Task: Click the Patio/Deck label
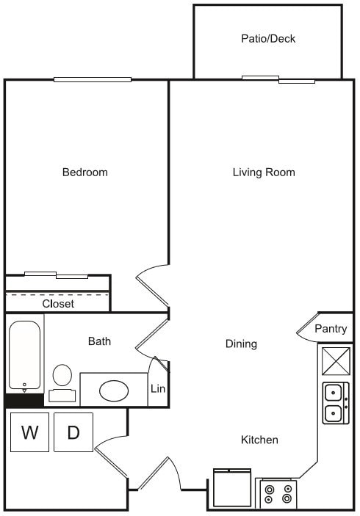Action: click(268, 38)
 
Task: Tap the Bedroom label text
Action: click(84, 172)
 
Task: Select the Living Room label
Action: click(264, 172)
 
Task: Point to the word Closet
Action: click(58, 303)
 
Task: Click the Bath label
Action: click(99, 341)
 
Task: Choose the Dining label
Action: click(241, 344)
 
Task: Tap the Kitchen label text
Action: click(260, 440)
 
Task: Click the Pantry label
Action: click(331, 329)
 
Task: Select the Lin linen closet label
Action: click(158, 389)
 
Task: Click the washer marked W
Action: click(29, 432)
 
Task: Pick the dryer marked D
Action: click(73, 432)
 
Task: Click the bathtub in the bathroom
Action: click(25, 356)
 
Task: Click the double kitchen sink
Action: click(336, 403)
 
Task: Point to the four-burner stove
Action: click(278, 493)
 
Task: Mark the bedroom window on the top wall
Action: click(92, 79)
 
